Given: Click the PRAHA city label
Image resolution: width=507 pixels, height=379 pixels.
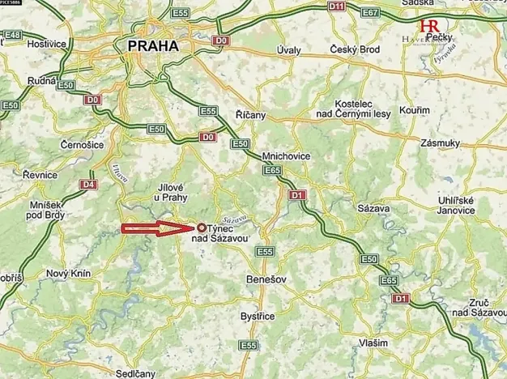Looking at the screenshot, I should click(152, 47).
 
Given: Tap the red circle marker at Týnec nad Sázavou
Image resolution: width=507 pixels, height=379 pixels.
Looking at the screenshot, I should click(201, 228).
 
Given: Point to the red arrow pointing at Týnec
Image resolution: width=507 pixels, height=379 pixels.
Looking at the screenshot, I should click(158, 229).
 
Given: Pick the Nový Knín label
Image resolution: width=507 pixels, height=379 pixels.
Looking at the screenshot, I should click(66, 274).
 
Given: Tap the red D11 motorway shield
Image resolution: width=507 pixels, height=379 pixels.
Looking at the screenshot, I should click(338, 6).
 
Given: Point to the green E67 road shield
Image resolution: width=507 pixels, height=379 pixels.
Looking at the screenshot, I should click(394, 13).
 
